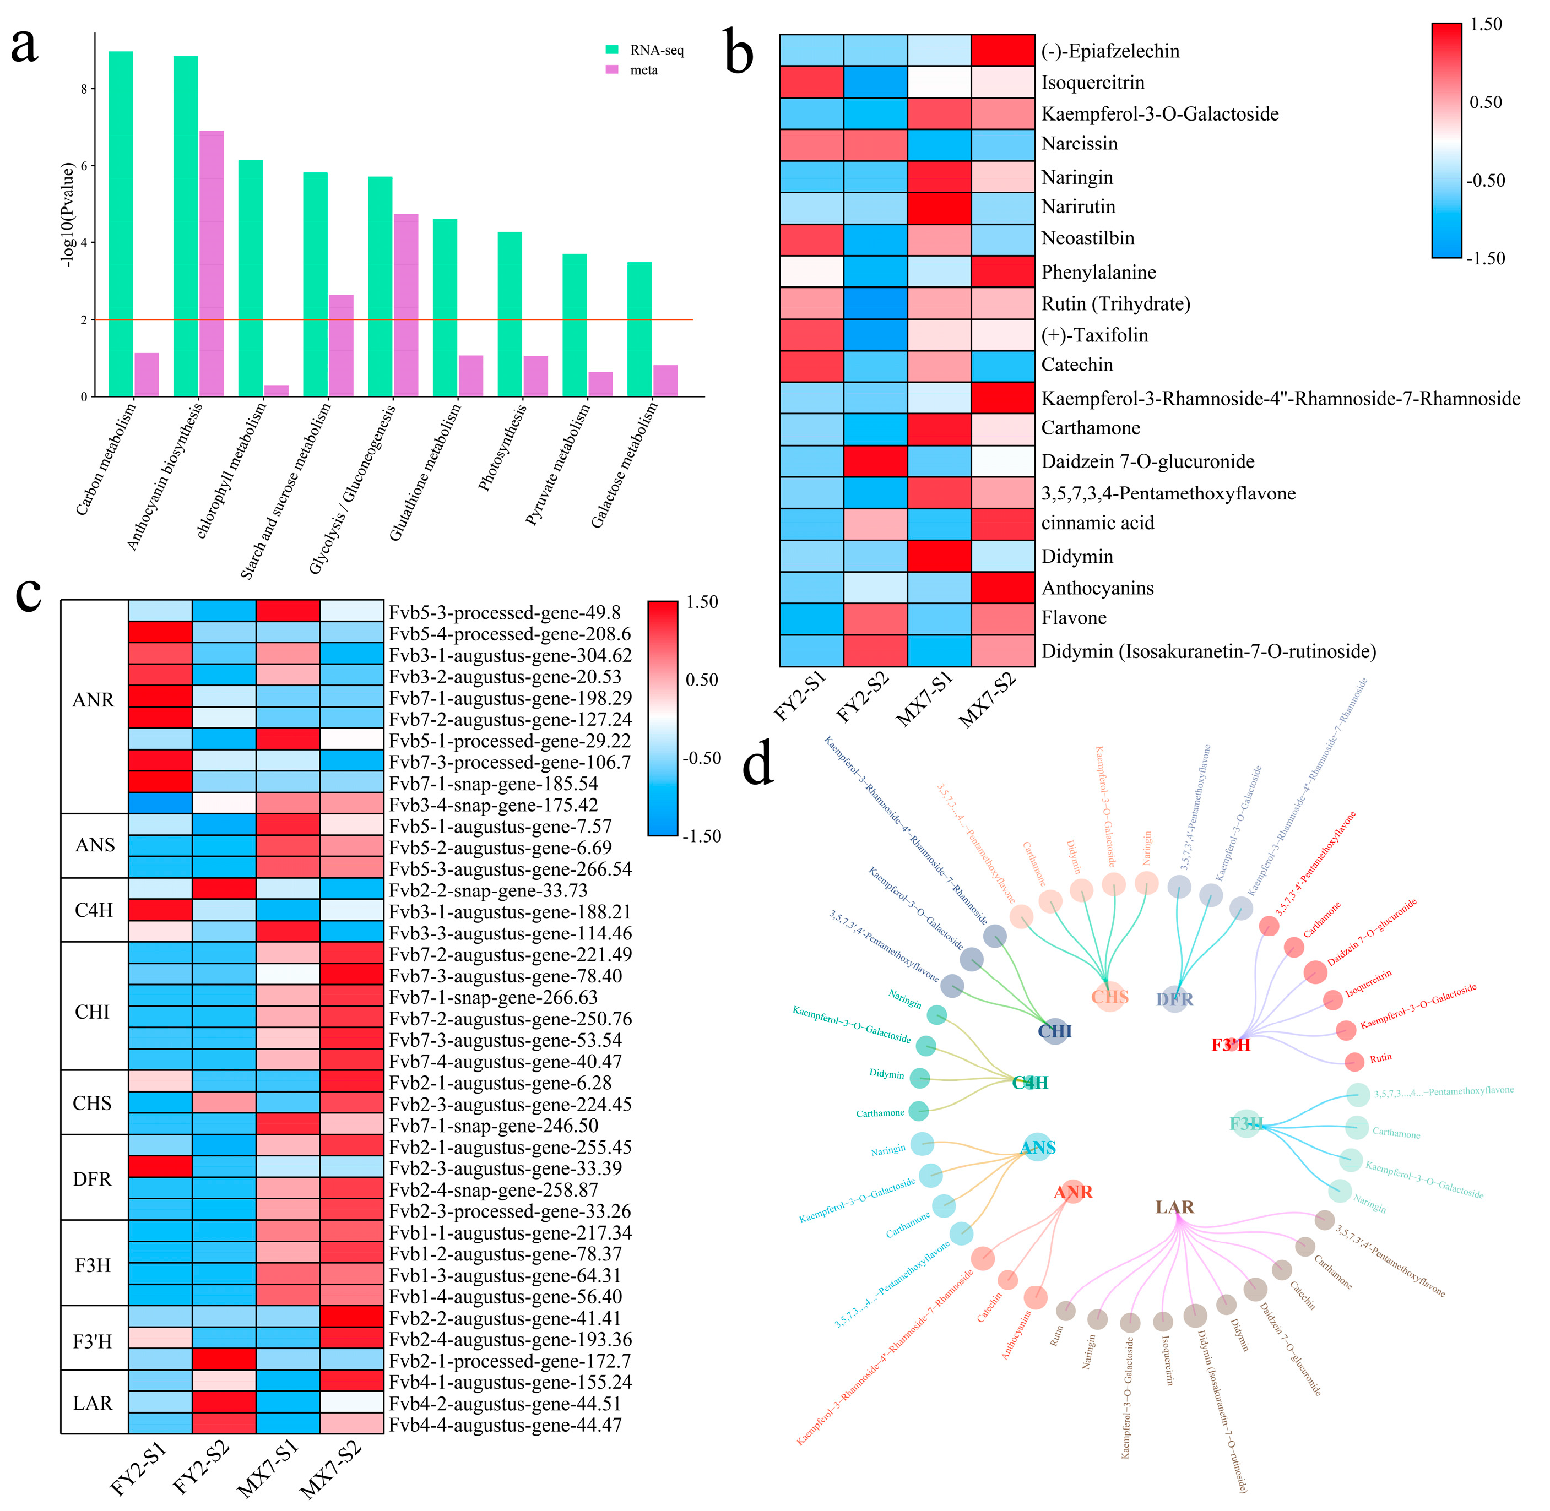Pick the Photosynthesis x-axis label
point(503,448)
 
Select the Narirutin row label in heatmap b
point(1078,207)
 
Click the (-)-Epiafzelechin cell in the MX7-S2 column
point(1003,50)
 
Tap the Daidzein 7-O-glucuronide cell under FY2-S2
point(875,461)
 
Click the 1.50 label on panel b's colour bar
point(1486,25)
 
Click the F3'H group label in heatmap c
point(93,1341)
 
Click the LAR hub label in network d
point(1174,1207)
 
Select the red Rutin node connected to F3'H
point(1355,1062)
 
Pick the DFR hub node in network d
point(1174,999)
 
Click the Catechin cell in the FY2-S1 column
point(811,366)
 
